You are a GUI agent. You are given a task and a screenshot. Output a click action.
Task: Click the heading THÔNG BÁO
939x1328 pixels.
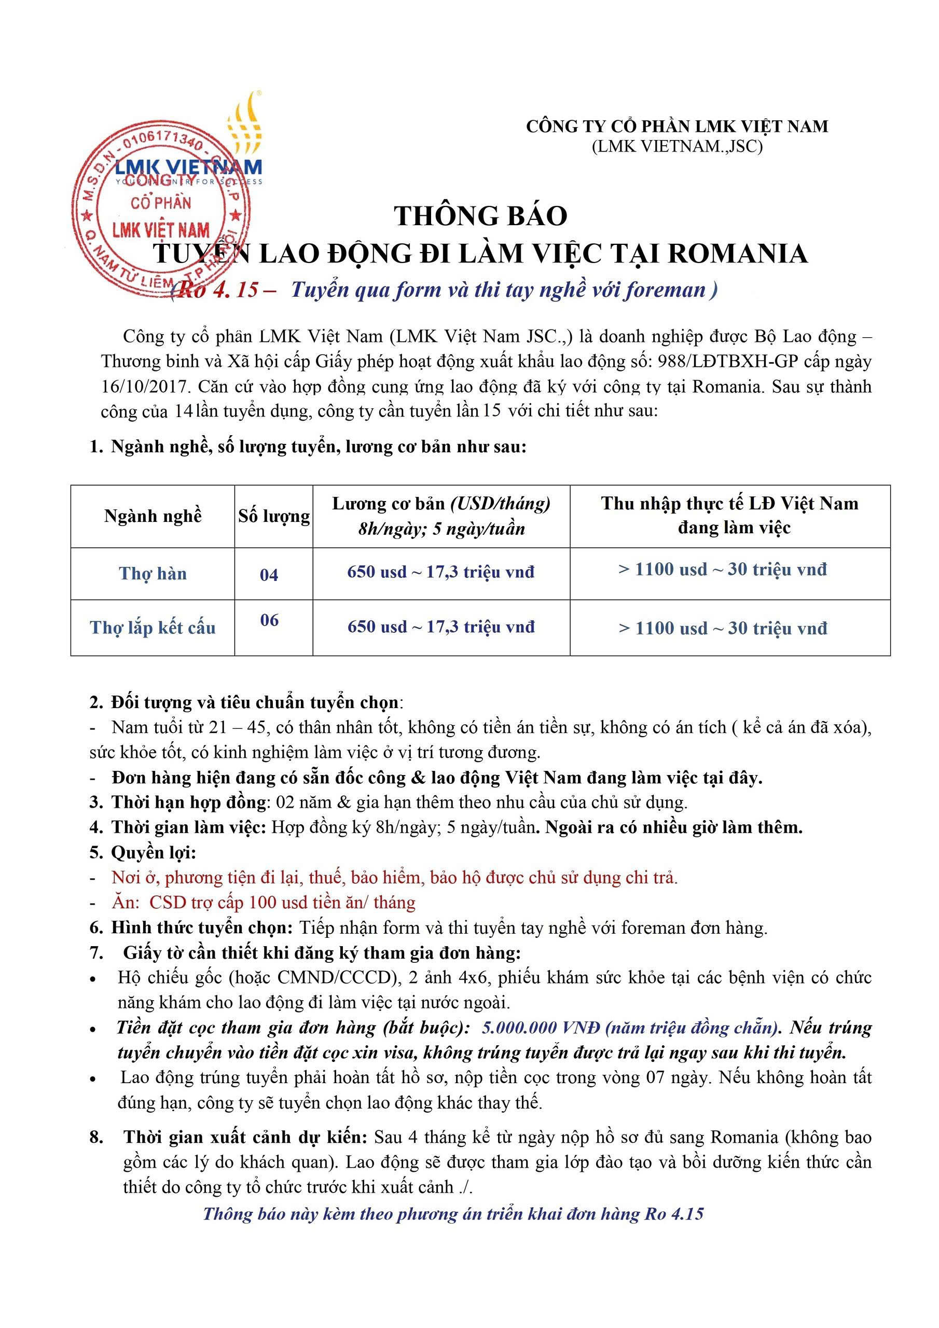(x=480, y=216)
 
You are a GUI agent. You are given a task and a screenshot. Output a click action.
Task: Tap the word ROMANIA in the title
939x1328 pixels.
(x=738, y=254)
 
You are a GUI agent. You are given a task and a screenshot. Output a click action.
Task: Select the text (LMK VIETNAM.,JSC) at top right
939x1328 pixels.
(x=676, y=146)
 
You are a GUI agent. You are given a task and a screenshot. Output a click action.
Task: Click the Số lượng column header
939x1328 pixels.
(x=273, y=516)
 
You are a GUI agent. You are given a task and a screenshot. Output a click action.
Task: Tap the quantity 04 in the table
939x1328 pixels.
(x=269, y=574)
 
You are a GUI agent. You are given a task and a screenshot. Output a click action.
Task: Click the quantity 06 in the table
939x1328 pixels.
(x=269, y=620)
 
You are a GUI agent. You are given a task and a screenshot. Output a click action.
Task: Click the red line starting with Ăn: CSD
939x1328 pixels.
(x=263, y=902)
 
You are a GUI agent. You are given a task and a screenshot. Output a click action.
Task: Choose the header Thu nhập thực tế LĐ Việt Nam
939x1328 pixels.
(x=729, y=504)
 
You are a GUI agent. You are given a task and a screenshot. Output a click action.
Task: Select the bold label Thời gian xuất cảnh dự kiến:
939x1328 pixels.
(x=245, y=1137)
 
